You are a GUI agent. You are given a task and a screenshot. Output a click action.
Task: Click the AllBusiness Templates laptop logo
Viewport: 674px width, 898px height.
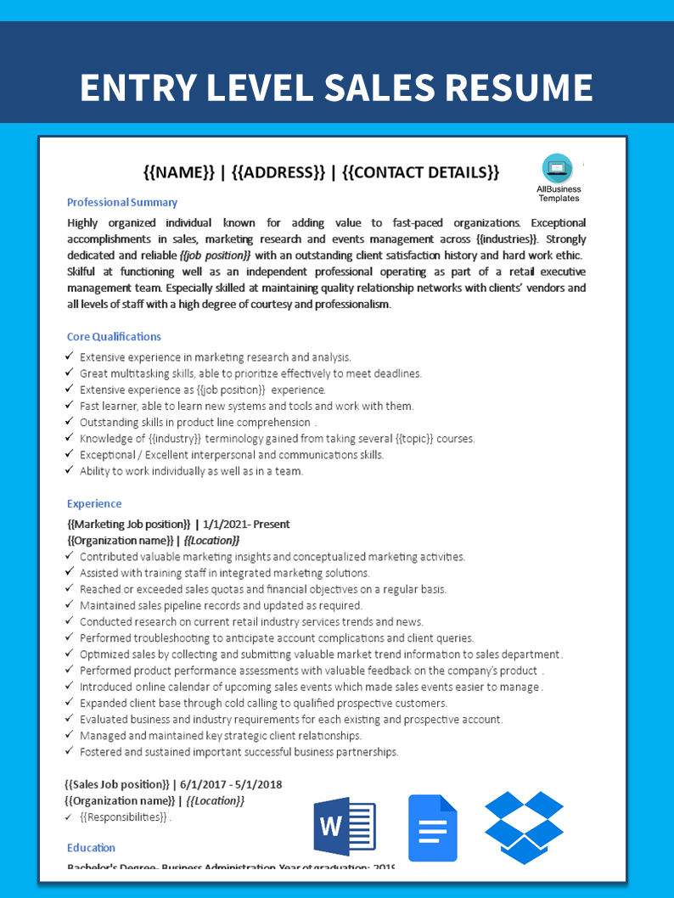558,168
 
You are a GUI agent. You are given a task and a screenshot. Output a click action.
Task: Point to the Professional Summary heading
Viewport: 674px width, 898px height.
122,202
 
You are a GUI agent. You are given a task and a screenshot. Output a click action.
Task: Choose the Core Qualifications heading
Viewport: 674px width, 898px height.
114,337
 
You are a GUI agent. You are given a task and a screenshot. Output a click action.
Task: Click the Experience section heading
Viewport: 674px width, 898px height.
94,503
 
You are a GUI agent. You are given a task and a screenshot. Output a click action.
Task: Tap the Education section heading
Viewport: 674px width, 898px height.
91,847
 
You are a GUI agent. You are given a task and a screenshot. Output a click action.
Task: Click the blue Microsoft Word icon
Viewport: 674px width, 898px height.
345,827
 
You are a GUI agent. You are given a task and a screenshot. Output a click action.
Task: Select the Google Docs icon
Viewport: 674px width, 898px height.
433,828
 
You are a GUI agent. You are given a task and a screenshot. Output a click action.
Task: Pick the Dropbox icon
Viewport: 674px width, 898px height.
524,827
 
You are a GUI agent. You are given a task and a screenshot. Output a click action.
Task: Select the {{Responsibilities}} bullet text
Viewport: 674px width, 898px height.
124,817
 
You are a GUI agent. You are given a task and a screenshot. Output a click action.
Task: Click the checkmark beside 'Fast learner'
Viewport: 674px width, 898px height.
70,406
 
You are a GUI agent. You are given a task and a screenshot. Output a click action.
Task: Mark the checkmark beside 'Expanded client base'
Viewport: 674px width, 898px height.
70,703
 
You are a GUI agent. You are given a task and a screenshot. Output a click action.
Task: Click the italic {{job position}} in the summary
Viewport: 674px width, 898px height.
216,255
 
